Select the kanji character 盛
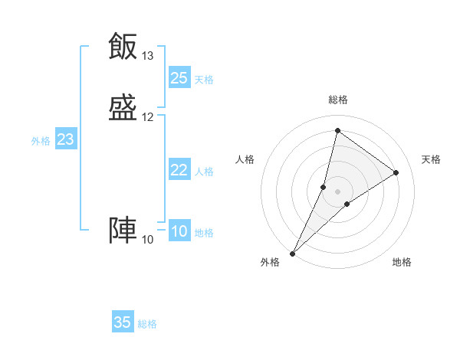[x=123, y=108]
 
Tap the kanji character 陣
[x=123, y=231]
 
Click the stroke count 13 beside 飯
[x=147, y=56]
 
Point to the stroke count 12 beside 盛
[x=147, y=117]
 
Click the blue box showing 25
[x=179, y=77]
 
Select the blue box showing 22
[x=179, y=170]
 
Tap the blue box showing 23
[x=65, y=139]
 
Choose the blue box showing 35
[x=123, y=322]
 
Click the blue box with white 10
[x=179, y=231]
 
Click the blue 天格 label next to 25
[x=204, y=80]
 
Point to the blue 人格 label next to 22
[x=204, y=172]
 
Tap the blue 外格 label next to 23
[x=41, y=141]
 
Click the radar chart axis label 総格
[x=338, y=100]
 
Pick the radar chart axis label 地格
[x=402, y=263]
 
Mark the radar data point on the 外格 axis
[x=292, y=253]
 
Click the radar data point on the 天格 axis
[x=396, y=172]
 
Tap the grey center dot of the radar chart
[x=338, y=191]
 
